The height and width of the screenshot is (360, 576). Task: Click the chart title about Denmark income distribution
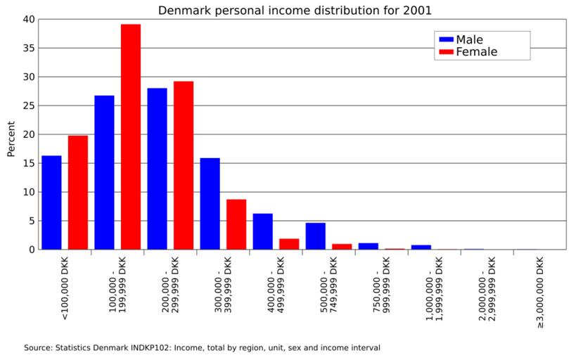pos(295,11)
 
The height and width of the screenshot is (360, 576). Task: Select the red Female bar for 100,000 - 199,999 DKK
pos(131,137)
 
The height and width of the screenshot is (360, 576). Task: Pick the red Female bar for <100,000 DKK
pos(78,193)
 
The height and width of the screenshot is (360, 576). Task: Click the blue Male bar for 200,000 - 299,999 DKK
pos(157,169)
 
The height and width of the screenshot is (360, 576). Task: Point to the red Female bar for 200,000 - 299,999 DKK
pos(184,165)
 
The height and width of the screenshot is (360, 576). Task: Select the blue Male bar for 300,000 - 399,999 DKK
pos(210,204)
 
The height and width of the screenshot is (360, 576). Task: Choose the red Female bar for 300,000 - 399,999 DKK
pos(236,224)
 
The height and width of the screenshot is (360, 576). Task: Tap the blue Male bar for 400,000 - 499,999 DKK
pos(262,231)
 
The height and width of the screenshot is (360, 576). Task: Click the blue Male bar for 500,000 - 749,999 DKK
pos(315,236)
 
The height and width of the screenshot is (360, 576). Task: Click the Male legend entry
pos(468,39)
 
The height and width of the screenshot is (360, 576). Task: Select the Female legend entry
pos(475,52)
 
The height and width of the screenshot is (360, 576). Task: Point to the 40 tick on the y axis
pos(27,19)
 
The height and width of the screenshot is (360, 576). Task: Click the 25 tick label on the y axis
pos(27,105)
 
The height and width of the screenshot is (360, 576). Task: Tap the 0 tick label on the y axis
pos(30,250)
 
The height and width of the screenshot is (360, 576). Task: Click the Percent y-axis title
pos(11,139)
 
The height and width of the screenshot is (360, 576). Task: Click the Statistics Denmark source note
pos(202,347)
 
